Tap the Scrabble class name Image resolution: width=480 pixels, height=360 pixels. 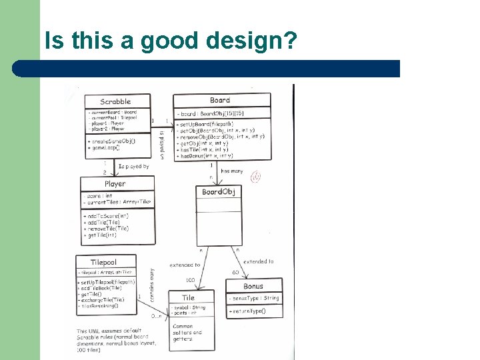click(115, 101)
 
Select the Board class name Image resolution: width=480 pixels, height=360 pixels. click(220, 101)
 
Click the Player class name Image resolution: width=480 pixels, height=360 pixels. click(115, 183)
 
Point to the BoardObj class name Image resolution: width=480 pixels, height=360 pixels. click(219, 192)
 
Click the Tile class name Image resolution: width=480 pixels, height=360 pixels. click(188, 297)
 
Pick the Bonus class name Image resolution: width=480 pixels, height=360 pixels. click(253, 286)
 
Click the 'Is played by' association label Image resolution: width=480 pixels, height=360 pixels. click(133, 167)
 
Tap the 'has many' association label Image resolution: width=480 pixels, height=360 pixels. click(232, 171)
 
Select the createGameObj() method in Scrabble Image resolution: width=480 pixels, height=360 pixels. click(111, 141)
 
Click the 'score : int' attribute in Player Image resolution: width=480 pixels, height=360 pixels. click(99, 196)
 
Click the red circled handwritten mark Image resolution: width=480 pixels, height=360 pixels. click(255, 176)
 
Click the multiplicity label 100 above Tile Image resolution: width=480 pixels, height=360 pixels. click(190, 280)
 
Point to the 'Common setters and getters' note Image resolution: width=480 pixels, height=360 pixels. click(189, 332)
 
